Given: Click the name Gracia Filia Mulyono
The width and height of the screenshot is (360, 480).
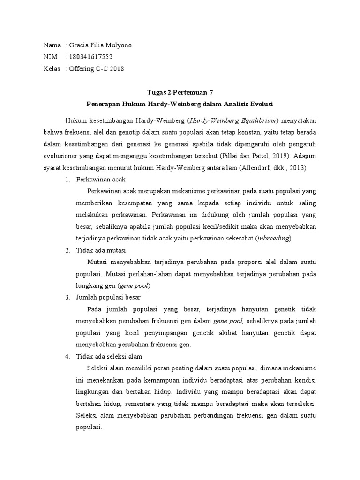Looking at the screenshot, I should coord(100,45).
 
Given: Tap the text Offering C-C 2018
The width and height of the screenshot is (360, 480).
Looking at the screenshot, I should coord(97,68).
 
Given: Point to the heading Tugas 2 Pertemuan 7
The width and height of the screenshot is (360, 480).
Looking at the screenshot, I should coord(180,92).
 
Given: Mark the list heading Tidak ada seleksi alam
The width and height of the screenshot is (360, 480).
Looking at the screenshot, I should coord(108,356).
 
